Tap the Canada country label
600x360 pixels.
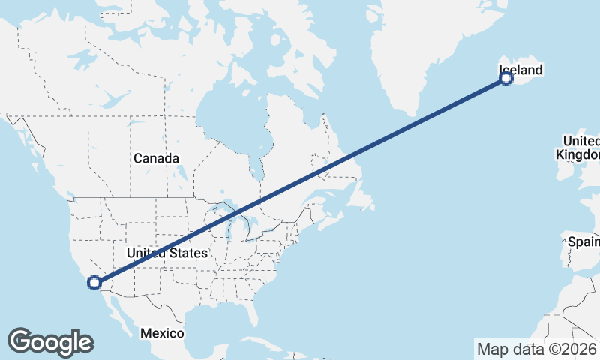pyautogui.click(x=156, y=158)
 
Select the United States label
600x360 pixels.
pyautogui.click(x=166, y=253)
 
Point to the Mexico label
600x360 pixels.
pyautogui.click(x=163, y=332)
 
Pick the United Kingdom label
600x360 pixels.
pyautogui.click(x=581, y=148)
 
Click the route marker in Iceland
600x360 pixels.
pyautogui.click(x=506, y=77)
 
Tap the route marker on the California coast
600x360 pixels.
pyautogui.click(x=94, y=283)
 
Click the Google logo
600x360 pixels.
pyautogui.click(x=49, y=342)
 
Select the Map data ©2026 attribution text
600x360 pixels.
pyautogui.click(x=537, y=349)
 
